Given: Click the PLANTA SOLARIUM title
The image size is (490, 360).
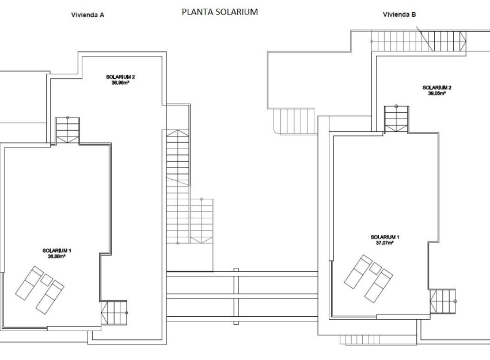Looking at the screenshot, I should click(x=219, y=12).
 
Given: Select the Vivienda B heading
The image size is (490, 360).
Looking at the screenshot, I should click(x=399, y=16).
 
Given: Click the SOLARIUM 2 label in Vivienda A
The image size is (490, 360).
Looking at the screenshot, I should click(x=120, y=77).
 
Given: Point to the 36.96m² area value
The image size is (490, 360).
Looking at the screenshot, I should click(x=120, y=82).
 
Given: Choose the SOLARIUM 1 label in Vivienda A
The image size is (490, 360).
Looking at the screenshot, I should click(x=56, y=251).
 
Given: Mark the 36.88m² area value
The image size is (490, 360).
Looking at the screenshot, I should click(x=56, y=256).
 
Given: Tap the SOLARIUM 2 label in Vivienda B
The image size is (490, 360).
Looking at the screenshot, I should click(x=436, y=88).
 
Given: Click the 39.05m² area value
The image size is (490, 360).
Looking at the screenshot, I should click(x=436, y=93).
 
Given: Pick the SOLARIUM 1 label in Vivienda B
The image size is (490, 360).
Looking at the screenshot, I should click(x=385, y=237).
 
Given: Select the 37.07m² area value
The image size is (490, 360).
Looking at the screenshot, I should click(x=385, y=242).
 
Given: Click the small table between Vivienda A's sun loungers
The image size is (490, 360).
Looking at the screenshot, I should click(x=45, y=279).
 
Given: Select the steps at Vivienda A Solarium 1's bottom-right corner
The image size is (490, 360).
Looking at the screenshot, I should click(x=114, y=313).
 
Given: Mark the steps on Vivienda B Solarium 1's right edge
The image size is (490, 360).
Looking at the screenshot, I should click(x=442, y=301).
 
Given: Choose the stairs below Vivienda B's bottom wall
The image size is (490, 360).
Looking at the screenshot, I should click(x=358, y=339).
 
